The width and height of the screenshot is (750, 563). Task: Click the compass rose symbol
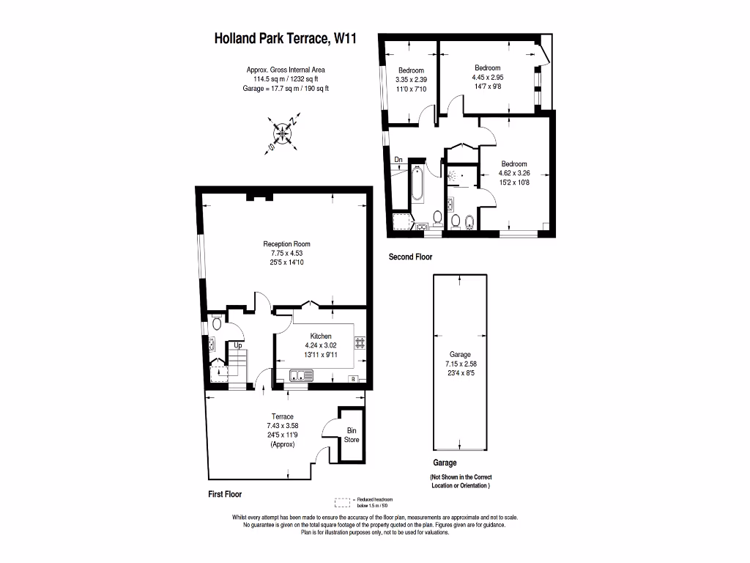pyautogui.click(x=282, y=132)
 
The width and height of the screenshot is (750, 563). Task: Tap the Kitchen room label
pyautogui.click(x=322, y=336)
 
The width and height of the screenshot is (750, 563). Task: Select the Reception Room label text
pyautogui.click(x=286, y=244)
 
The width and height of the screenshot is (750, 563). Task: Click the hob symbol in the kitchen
pyautogui.click(x=360, y=342)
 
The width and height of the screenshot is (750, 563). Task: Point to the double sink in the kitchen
pyautogui.click(x=302, y=377)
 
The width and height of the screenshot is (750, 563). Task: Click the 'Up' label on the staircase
pyautogui.click(x=238, y=345)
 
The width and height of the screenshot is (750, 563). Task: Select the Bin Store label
pyautogui.click(x=352, y=435)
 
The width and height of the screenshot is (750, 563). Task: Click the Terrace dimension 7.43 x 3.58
pyautogui.click(x=282, y=426)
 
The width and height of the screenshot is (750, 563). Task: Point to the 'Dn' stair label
pyautogui.click(x=398, y=159)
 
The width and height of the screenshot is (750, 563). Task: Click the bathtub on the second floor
pyautogui.click(x=417, y=183)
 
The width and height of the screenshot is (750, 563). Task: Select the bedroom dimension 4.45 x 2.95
pyautogui.click(x=487, y=77)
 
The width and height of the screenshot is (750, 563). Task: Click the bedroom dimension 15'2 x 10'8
pyautogui.click(x=513, y=183)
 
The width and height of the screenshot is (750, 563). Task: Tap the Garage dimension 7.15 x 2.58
pyautogui.click(x=460, y=364)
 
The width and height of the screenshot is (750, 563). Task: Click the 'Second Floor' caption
pyautogui.click(x=410, y=257)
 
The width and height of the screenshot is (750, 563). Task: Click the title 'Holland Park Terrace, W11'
pyautogui.click(x=285, y=39)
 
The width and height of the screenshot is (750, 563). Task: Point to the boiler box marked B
pyautogui.click(x=353, y=378)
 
